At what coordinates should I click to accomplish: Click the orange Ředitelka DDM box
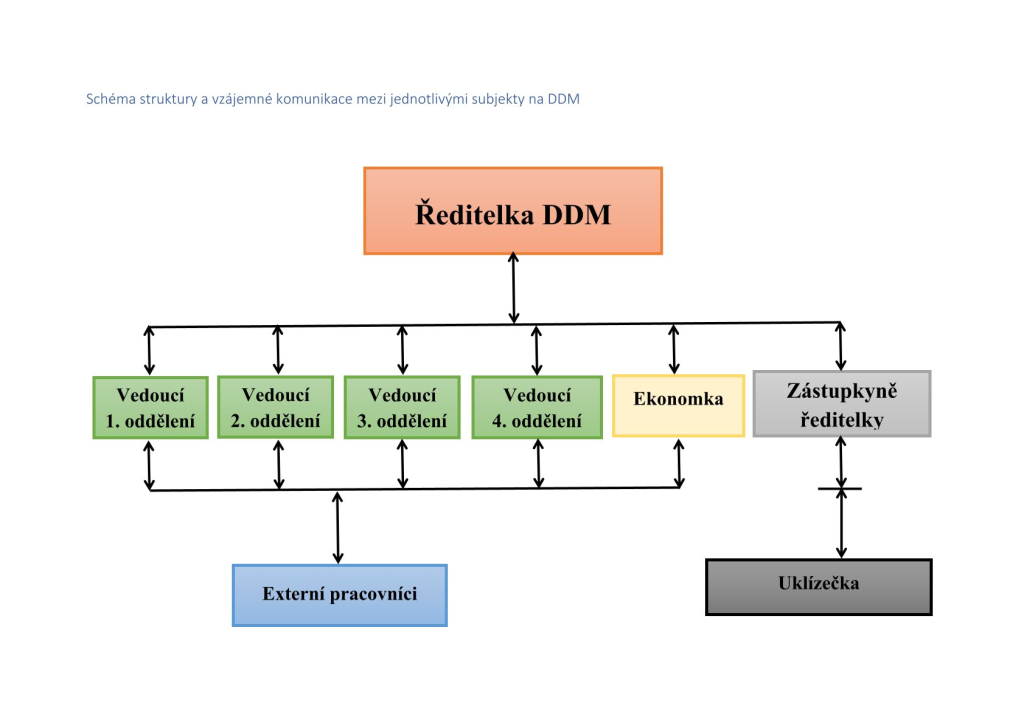click(x=512, y=211)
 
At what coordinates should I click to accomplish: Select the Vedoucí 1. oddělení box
click(x=150, y=407)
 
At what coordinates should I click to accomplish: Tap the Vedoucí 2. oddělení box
click(x=275, y=407)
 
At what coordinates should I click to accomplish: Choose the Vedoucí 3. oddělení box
click(x=401, y=407)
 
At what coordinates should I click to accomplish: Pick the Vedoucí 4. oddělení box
click(x=536, y=407)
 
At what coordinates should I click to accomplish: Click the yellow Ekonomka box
click(x=678, y=405)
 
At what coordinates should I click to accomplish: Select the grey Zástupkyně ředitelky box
click(x=841, y=404)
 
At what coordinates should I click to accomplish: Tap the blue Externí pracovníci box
click(x=339, y=595)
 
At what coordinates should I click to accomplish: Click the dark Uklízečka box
click(x=818, y=586)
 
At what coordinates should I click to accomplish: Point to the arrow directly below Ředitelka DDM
click(x=513, y=288)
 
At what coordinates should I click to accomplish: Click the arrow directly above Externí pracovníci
click(x=338, y=527)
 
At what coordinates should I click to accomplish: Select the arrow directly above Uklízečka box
click(x=841, y=524)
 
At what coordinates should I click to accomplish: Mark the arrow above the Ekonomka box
click(x=674, y=349)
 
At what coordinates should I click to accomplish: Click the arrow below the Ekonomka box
click(x=679, y=463)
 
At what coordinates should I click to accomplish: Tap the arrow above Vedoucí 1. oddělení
click(x=150, y=350)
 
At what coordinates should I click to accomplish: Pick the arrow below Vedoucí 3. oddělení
click(x=402, y=464)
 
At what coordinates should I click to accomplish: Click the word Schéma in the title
click(x=112, y=99)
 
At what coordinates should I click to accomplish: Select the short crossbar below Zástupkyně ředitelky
click(x=840, y=489)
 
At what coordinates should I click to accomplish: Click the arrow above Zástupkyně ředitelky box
click(x=840, y=347)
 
